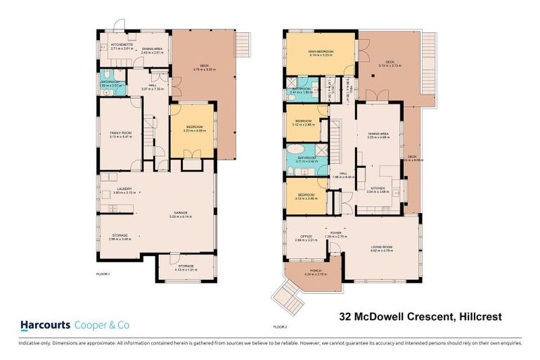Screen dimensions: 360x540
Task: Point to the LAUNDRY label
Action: coord(115,189)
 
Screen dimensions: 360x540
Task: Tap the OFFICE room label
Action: coord(306,237)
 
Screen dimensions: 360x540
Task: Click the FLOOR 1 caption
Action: coord(103,273)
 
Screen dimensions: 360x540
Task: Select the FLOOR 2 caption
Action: coord(280,327)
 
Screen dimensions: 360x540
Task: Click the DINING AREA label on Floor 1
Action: coord(152,49)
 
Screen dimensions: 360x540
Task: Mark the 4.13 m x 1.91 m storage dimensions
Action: coord(186,269)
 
